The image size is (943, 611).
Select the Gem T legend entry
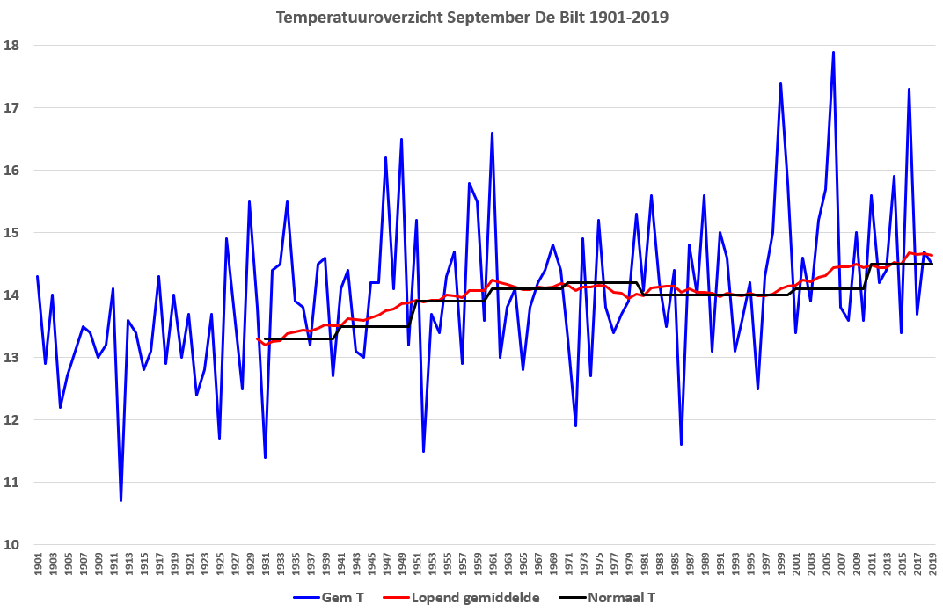tap(329, 597)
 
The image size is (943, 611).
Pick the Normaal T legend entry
tap(608, 597)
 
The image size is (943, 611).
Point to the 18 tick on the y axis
tap(11, 46)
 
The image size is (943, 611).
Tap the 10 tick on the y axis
tap(11, 545)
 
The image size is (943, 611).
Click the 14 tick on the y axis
tap(11, 295)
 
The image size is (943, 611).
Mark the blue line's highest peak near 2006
tap(833, 52)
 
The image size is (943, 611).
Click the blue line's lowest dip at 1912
tap(121, 500)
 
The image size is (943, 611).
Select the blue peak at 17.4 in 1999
tap(780, 83)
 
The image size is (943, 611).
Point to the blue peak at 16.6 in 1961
tap(492, 133)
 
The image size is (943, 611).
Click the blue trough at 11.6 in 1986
tap(682, 445)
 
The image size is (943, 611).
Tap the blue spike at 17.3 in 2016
tap(909, 90)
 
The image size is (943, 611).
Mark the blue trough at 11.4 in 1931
tap(265, 457)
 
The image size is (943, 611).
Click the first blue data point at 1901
tap(37, 276)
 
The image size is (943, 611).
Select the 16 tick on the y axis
tap(11, 171)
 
